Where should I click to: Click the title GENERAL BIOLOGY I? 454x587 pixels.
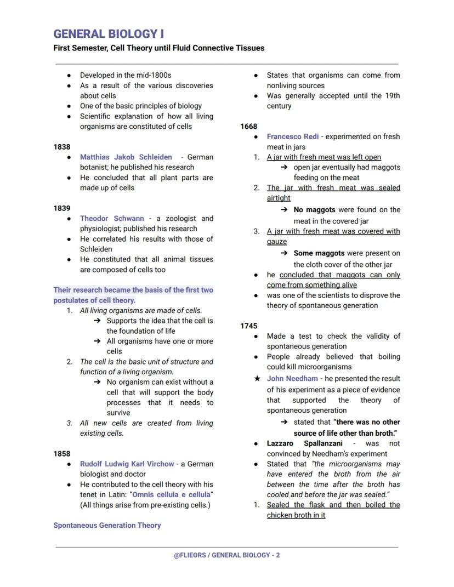pyautogui.click(x=109, y=34)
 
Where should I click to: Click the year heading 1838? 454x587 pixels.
pyautogui.click(x=62, y=147)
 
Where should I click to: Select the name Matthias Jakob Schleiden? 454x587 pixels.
pyautogui.click(x=126, y=157)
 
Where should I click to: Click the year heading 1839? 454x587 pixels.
pyautogui.click(x=62, y=208)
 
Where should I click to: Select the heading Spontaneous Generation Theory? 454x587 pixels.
pyautogui.click(x=107, y=525)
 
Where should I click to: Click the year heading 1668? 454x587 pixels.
pyautogui.click(x=249, y=127)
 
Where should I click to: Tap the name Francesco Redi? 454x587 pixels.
pyautogui.click(x=293, y=136)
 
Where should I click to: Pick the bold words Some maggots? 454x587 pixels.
pyautogui.click(x=319, y=254)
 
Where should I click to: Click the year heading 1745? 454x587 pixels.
pyautogui.click(x=249, y=326)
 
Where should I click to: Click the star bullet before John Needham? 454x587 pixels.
pyautogui.click(x=256, y=379)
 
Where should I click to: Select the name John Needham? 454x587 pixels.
pyautogui.click(x=292, y=379)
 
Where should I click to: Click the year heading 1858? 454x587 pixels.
pyautogui.click(x=62, y=454)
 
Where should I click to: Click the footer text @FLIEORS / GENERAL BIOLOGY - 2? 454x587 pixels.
pyautogui.click(x=227, y=555)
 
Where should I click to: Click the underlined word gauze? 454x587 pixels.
pyautogui.click(x=277, y=242)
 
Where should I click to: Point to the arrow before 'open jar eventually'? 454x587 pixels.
pyautogui.click(x=285, y=168)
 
